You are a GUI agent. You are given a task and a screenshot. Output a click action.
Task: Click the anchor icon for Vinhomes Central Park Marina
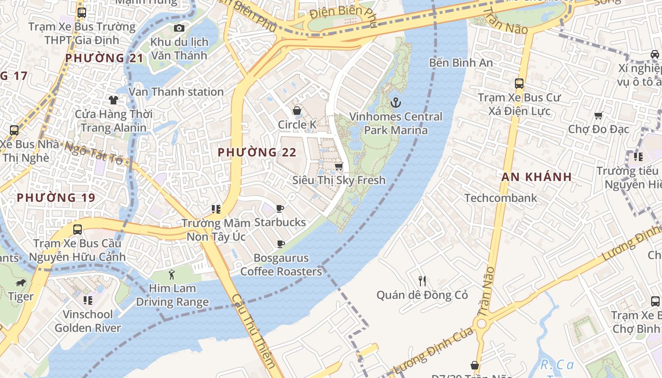(x=395, y=102)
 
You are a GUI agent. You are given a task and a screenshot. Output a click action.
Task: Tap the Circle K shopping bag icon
(x=297, y=111)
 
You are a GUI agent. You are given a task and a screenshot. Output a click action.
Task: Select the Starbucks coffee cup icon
(x=280, y=208)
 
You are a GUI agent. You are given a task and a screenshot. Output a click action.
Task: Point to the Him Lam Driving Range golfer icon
(x=172, y=274)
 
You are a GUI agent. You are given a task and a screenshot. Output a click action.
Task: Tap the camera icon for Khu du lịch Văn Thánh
(x=179, y=28)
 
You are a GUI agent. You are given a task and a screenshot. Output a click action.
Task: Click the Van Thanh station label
(x=176, y=92)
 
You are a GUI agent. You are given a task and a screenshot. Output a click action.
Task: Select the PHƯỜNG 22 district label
(x=257, y=152)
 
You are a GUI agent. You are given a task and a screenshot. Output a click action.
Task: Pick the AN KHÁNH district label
(x=537, y=177)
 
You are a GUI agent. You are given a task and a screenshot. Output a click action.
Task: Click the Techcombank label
(x=501, y=198)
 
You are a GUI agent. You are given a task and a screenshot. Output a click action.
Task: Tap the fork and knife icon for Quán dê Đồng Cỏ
(x=422, y=281)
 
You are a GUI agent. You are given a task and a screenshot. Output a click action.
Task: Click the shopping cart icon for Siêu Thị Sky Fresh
(x=339, y=166)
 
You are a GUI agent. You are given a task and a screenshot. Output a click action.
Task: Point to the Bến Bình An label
(x=461, y=62)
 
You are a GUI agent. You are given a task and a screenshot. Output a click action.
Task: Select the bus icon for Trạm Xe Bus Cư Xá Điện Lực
(x=519, y=84)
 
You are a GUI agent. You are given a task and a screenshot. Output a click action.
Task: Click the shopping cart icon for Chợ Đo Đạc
(x=599, y=115)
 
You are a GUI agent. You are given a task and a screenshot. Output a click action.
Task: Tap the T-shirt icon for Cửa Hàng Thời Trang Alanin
(x=113, y=100)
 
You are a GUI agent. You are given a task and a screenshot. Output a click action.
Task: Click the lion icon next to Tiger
(x=21, y=283)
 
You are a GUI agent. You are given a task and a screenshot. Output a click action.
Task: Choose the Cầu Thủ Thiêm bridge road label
(x=254, y=331)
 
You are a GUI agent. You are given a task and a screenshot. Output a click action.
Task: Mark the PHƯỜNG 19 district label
(x=56, y=198)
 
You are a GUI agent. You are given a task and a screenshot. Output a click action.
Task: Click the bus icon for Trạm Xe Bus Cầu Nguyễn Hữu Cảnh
(x=78, y=230)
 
